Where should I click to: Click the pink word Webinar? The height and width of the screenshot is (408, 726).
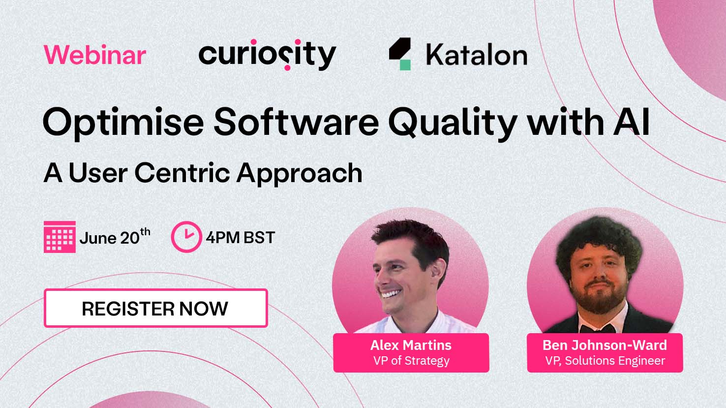pos(95,55)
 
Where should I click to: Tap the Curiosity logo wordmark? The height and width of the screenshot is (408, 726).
pos(267,55)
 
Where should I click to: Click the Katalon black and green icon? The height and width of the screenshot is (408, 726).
pos(400,54)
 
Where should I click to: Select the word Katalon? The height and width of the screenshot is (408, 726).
pos(476,55)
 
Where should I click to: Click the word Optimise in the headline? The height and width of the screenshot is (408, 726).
pos(123,122)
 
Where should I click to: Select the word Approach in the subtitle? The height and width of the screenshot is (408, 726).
pos(300,174)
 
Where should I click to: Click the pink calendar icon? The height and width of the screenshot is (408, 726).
pos(60,237)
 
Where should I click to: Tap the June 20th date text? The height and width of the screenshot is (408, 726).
pos(115,237)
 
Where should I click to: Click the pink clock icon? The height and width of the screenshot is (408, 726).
pos(186,237)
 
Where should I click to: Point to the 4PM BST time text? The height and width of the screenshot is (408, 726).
pos(240,237)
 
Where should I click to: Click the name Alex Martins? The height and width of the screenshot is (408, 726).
pos(411,345)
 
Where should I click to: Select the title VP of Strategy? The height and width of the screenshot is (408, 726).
pos(411,361)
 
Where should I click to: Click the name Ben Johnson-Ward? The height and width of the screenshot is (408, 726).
pos(605,345)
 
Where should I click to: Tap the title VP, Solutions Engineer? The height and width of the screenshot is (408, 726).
pos(605,361)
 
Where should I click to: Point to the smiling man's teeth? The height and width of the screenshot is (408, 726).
pos(392,294)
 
